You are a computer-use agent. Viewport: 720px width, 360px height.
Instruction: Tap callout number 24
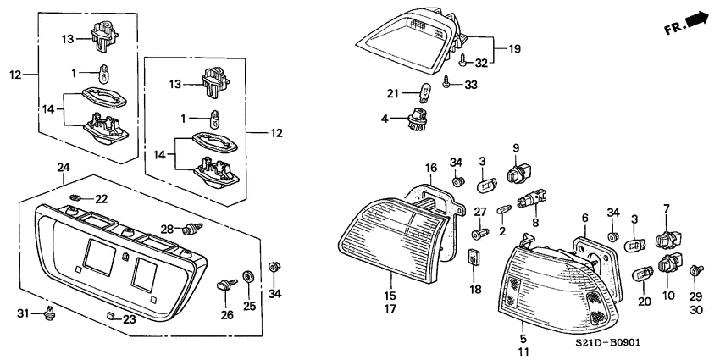click(62, 168)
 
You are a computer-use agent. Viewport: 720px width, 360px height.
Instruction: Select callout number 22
click(102, 198)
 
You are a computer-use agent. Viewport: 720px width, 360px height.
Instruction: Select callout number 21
click(391, 92)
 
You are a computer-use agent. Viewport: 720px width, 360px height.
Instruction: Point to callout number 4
click(385, 119)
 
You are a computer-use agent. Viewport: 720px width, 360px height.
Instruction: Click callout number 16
click(430, 167)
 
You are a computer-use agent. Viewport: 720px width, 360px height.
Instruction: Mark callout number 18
click(474, 289)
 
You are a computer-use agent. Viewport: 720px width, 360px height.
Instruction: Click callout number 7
click(666, 208)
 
